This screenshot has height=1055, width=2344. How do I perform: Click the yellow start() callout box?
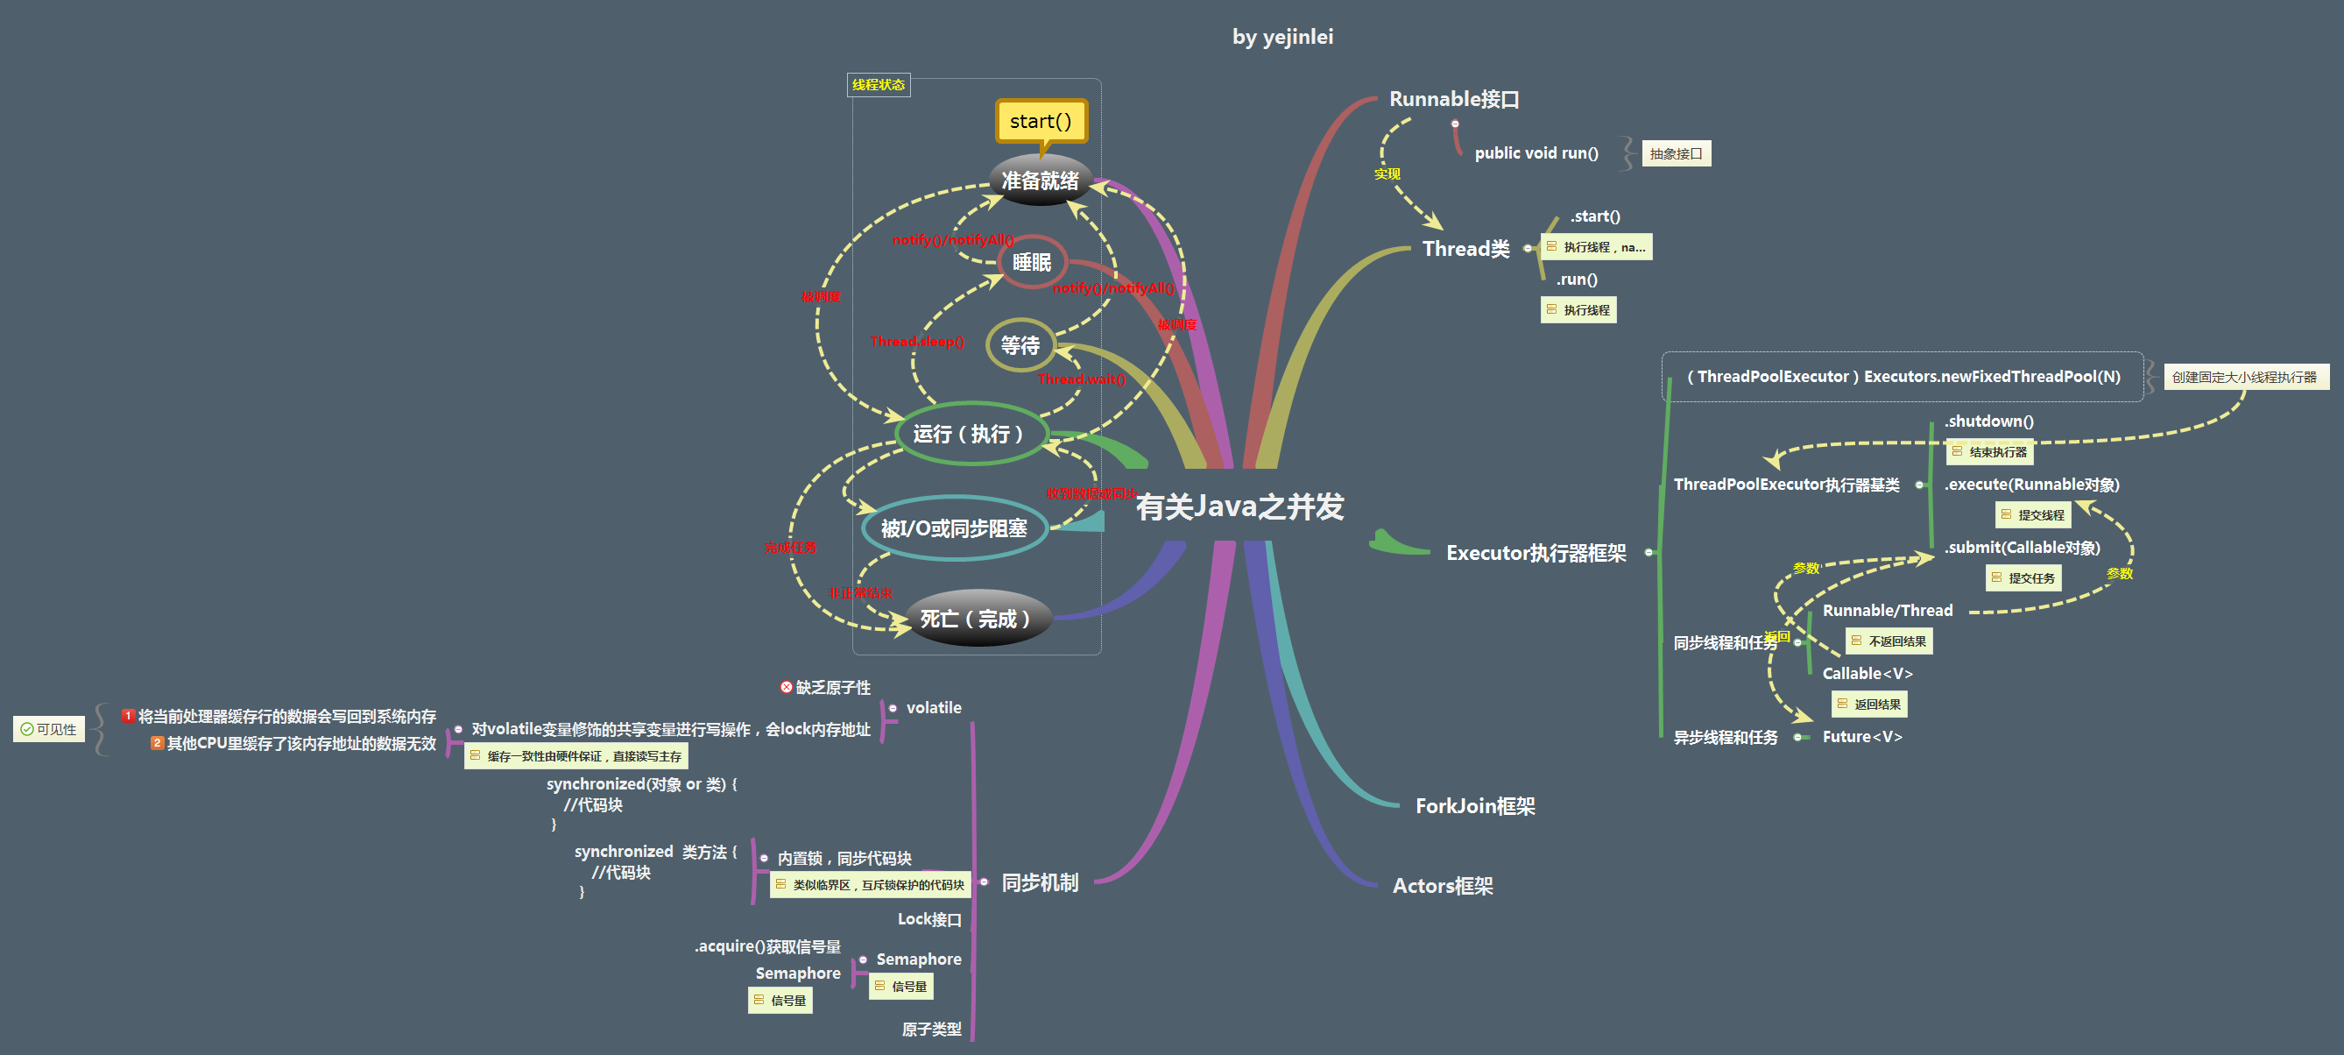point(1041,121)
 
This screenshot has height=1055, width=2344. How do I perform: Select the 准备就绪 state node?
point(1040,181)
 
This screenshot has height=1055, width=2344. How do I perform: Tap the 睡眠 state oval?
point(1032,262)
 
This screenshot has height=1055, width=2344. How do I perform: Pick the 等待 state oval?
point(1020,345)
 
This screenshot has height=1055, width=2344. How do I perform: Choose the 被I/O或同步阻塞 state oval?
point(954,528)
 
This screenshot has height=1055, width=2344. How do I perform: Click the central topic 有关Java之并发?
point(1239,506)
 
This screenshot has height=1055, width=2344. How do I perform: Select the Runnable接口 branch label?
point(1454,99)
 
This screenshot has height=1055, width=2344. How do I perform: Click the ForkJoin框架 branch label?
point(1475,805)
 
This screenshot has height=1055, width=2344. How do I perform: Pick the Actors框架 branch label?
point(1444,886)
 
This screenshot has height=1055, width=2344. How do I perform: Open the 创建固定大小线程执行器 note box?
point(2245,377)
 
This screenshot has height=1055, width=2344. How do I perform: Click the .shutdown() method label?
point(1989,421)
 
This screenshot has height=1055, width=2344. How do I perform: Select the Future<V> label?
point(1861,736)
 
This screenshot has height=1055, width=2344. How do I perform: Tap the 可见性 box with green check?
point(49,729)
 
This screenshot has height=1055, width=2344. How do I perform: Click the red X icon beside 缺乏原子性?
point(787,687)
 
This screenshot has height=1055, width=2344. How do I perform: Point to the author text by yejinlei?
point(1282,37)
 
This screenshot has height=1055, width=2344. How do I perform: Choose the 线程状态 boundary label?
point(878,85)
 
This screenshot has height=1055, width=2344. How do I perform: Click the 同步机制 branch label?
point(1040,882)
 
